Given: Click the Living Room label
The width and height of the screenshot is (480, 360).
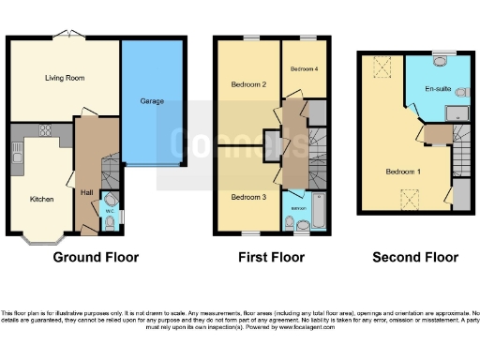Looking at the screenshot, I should click(x=65, y=78).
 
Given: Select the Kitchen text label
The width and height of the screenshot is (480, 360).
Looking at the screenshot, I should click(x=40, y=200).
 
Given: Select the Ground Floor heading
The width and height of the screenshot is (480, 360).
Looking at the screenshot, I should click(x=96, y=257).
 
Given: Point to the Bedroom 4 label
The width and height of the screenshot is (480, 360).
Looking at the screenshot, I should click(x=302, y=69).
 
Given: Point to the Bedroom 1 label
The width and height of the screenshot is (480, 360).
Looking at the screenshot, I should click(x=404, y=172).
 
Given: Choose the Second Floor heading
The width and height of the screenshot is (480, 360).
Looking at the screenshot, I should click(x=415, y=257).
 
